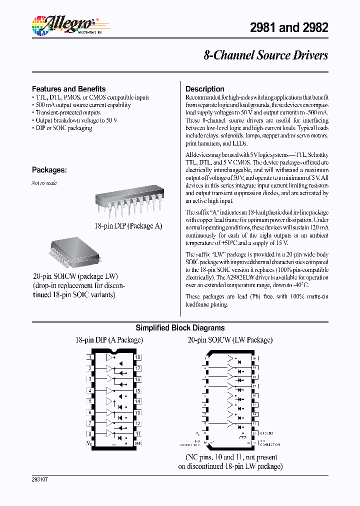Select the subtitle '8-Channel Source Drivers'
click(x=265, y=55)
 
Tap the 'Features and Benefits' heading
click(x=69, y=88)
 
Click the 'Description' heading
click(x=205, y=88)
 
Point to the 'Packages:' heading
click(x=49, y=169)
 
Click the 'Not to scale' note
click(x=44, y=183)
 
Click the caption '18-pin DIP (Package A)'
click(x=128, y=226)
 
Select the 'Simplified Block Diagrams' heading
click(x=180, y=328)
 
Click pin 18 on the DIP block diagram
click(x=137, y=357)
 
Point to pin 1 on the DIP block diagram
click(x=90, y=357)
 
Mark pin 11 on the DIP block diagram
click(x=137, y=434)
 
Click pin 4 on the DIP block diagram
click(x=90, y=390)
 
